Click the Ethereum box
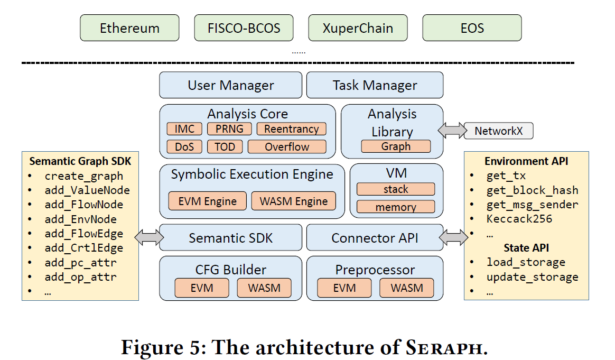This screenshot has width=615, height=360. pyautogui.click(x=129, y=28)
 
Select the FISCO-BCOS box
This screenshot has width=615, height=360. pyautogui.click(x=244, y=28)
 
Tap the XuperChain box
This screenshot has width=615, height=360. pyautogui.click(x=358, y=28)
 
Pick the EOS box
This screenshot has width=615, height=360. pyautogui.click(x=472, y=28)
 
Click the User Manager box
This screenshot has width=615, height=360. pyautogui.click(x=231, y=85)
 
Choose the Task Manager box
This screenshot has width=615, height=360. pyautogui.click(x=375, y=85)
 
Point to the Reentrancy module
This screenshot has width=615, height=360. pyautogui.click(x=291, y=129)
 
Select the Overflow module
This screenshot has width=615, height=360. pyautogui.click(x=287, y=147)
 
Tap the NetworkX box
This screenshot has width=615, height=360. pyautogui.click(x=498, y=131)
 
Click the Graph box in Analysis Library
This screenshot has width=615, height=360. pyautogui.click(x=396, y=146)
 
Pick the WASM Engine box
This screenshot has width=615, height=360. pyautogui.click(x=293, y=201)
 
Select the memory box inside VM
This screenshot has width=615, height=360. pyautogui.click(x=396, y=207)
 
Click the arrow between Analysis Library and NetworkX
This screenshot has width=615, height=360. pyautogui.click(x=451, y=131)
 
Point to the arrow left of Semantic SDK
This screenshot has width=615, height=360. pyautogui.click(x=149, y=238)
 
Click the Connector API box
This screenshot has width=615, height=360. pyautogui.click(x=375, y=238)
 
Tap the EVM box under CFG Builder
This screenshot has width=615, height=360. pyautogui.click(x=202, y=288)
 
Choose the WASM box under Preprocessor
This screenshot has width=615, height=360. pyautogui.click(x=406, y=288)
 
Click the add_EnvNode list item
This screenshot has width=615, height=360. pyautogui.click(x=80, y=219)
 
